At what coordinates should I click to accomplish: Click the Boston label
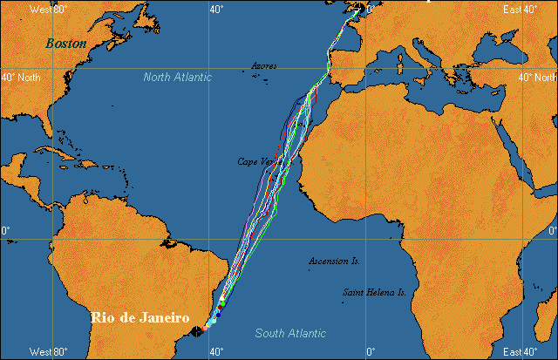pos(66,43)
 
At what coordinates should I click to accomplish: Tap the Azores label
pos(264,65)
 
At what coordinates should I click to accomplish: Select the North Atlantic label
pos(177,78)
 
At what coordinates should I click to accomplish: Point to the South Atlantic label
pos(290,333)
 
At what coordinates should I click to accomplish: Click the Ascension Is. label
pos(334,261)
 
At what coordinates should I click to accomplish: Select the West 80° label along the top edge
pos(48,9)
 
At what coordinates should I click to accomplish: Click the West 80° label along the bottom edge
pos(48,352)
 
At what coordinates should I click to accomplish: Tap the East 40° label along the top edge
pos(519,9)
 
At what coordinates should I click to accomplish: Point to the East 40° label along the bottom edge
pos(519,352)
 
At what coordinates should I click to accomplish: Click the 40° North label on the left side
pos(20,78)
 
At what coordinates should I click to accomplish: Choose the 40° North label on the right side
pos(537,78)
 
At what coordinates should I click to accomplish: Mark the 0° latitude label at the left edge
pos(5,230)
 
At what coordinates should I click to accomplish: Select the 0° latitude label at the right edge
pos(551,230)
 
